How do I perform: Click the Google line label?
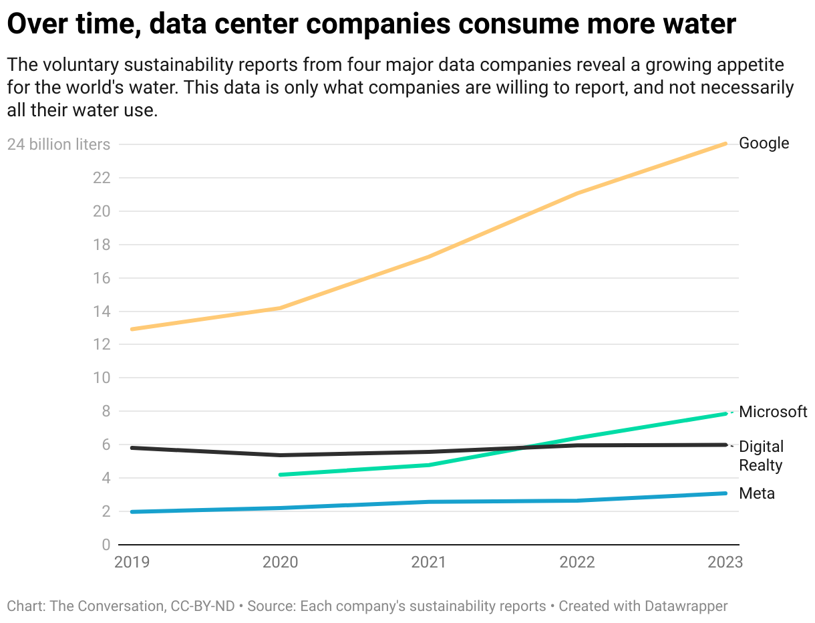point(764,144)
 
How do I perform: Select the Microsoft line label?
point(773,412)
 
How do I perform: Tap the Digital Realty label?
point(761,455)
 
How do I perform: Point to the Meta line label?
point(757,494)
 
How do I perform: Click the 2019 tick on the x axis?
point(132,562)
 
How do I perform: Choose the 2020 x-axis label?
point(280,562)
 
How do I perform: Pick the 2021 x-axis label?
point(428,562)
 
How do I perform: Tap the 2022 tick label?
point(577,562)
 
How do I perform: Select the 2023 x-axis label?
point(725,562)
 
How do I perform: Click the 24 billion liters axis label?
point(59,144)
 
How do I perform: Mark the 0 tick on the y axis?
point(106,545)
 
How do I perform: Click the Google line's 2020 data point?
point(281,308)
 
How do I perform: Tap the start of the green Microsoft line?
point(281,475)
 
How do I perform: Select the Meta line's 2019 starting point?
point(132,512)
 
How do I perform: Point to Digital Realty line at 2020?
point(281,455)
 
